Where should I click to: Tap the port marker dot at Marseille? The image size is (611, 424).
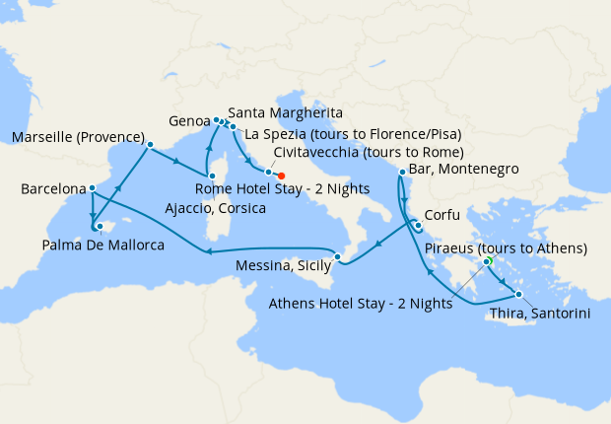tap(150, 145)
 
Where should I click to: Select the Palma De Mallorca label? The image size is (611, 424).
tap(102, 244)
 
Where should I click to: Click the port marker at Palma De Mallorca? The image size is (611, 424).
tap(99, 227)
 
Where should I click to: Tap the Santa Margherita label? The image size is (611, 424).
tap(285, 112)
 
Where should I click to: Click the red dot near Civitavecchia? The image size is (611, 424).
tap(282, 176)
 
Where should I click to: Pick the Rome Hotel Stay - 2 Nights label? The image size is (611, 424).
tap(284, 188)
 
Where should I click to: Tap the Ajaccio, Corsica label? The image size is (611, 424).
tap(210, 208)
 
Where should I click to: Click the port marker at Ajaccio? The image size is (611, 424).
tap(211, 175)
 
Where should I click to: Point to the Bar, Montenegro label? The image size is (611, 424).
tap(463, 170)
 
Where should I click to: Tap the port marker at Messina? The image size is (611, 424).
tap(337, 258)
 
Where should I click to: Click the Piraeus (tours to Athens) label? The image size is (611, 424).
tap(506, 247)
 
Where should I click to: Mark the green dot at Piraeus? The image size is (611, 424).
tap(488, 261)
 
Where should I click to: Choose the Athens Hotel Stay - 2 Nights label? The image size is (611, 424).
tap(361, 304)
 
